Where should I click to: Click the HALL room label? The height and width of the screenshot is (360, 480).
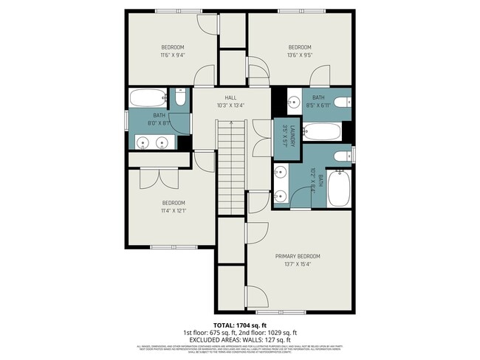(x=230, y=97)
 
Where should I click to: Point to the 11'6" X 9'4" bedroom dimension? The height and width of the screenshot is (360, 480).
(x=172, y=55)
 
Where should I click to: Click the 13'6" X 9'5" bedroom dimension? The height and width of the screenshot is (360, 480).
(x=299, y=55)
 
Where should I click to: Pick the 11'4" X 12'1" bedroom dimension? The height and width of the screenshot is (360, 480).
(x=173, y=210)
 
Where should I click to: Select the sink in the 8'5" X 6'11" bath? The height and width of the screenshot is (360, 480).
(x=292, y=102)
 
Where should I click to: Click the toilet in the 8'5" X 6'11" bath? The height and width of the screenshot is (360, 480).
(x=340, y=103)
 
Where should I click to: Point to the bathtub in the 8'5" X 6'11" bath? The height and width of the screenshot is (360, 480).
(x=322, y=132)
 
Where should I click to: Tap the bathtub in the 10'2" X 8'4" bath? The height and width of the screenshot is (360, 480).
(x=339, y=189)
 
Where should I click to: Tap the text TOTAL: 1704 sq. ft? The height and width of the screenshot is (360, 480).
(x=239, y=325)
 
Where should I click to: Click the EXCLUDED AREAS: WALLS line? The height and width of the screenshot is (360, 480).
(x=239, y=339)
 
